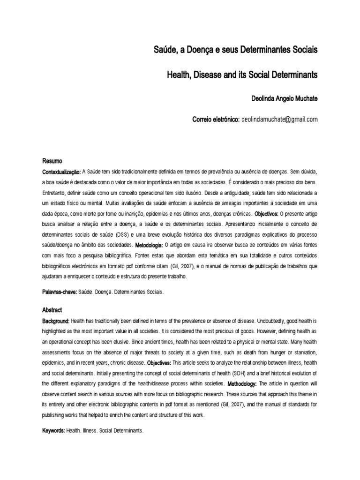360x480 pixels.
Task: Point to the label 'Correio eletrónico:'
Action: tap(216, 120)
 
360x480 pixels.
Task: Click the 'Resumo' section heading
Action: tap(52, 160)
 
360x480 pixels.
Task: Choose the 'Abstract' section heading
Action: tap(52, 310)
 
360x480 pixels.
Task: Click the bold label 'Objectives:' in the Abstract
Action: tap(159, 363)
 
